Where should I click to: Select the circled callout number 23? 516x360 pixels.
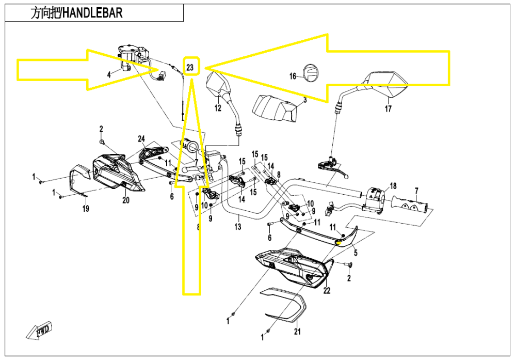tap(190, 67)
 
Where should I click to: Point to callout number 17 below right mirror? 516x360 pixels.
tap(388, 109)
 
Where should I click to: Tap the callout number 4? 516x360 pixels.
tap(109, 75)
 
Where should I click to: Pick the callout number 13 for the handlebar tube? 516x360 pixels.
tap(237, 226)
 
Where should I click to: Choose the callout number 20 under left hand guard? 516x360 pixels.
tap(125, 200)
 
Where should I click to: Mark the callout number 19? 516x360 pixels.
tap(86, 209)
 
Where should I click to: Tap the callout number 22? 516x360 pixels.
tap(326, 291)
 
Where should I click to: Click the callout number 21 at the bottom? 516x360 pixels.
tap(297, 332)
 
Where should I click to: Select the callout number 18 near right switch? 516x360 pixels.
tap(393, 186)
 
